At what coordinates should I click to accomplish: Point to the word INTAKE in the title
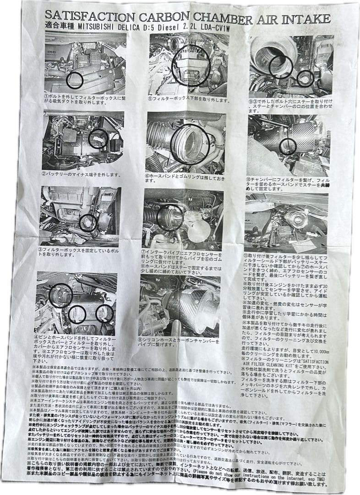click(308, 19)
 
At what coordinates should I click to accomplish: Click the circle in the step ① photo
click(74, 80)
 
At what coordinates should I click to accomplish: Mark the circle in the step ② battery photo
click(98, 139)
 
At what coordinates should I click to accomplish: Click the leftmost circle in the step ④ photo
click(60, 296)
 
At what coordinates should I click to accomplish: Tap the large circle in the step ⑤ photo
click(191, 66)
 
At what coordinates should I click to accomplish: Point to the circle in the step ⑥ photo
click(190, 144)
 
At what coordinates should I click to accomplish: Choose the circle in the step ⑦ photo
click(170, 217)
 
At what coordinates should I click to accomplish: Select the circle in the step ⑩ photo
click(288, 146)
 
